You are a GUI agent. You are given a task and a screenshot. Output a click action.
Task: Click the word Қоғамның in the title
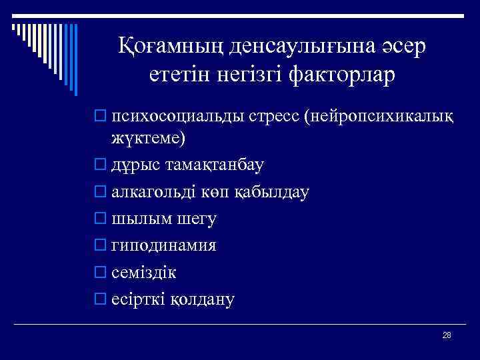pos(171,46)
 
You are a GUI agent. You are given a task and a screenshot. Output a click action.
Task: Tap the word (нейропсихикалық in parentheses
pos(379,117)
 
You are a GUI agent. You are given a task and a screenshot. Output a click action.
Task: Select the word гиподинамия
pos(163,245)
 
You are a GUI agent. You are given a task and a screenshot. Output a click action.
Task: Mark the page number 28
pos(447,335)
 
